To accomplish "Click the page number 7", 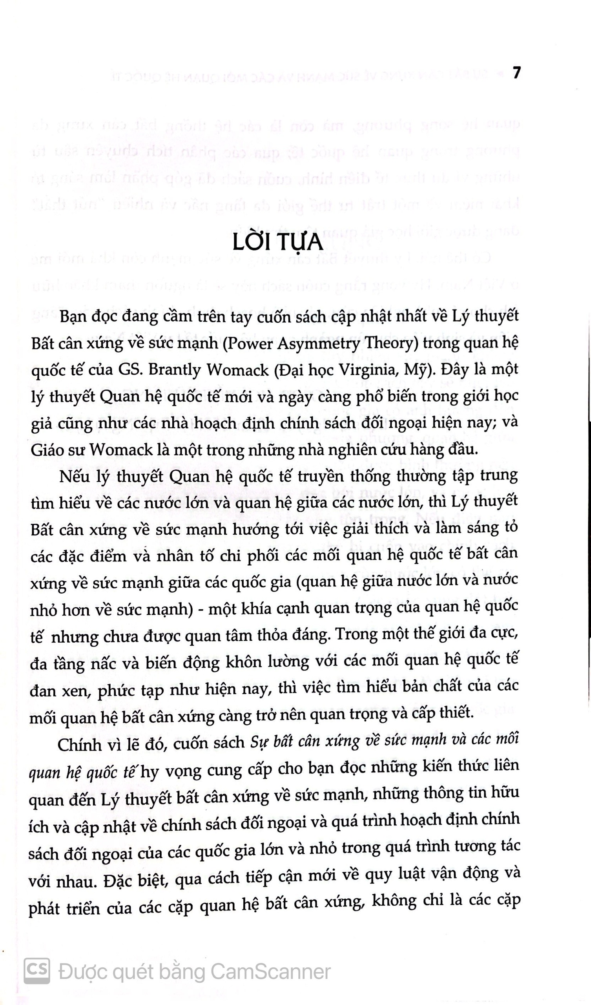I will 516,73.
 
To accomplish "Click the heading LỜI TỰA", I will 277,243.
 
